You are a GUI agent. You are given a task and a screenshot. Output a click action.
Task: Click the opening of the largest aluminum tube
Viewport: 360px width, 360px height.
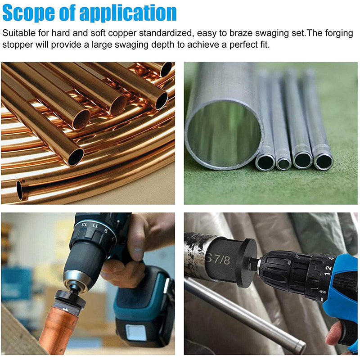point(224,134)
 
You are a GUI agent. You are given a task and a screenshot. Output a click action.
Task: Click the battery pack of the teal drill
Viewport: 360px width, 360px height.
point(144,306)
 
